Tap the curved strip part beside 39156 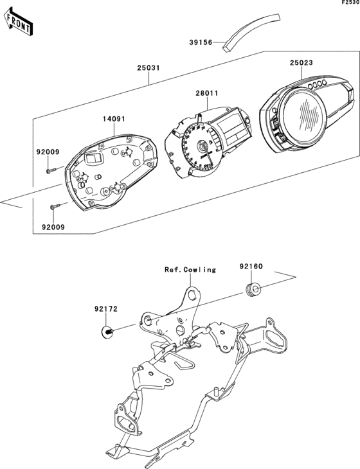click(x=251, y=31)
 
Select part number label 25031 click(x=148, y=67)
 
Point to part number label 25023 click(x=301, y=63)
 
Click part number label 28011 click(x=206, y=93)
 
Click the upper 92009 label click(x=48, y=152)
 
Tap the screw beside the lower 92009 click(x=55, y=206)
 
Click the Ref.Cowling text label click(x=189, y=270)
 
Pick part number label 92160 click(x=252, y=265)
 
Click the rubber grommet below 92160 click(x=253, y=289)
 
